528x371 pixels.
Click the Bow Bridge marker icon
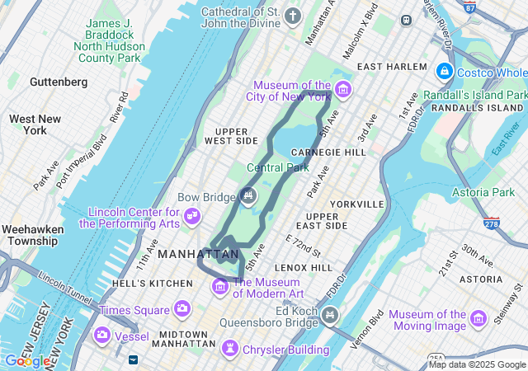pos(247,195)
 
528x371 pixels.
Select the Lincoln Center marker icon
pos(192,216)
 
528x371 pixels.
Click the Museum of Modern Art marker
pos(220,286)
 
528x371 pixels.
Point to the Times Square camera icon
pos(181,309)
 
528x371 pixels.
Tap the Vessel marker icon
pos(101,336)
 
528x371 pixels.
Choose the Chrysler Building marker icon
pos(228,350)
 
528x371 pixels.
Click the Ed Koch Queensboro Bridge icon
pos(330,314)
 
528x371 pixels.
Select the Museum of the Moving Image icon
pos(477,319)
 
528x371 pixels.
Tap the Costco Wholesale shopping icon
pos(445,72)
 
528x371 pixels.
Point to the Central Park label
pos(278,168)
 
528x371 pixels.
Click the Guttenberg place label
pos(59,82)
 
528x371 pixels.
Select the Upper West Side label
pos(237,136)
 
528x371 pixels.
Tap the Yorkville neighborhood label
pos(356,204)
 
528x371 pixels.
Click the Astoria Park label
pos(483,193)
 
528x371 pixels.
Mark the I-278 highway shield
pos(493,223)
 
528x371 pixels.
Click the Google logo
pos(26,360)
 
